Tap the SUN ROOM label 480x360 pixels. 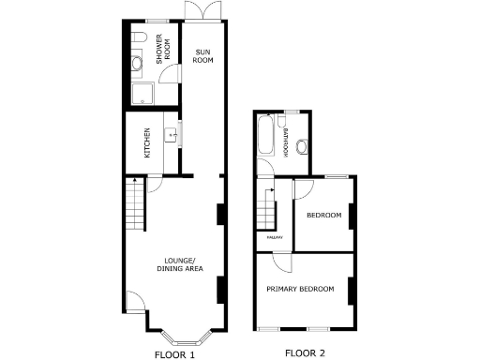coord(202,54)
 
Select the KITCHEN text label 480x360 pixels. coord(146,142)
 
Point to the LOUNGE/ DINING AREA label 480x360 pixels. coord(180,264)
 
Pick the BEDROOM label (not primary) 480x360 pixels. coord(324,216)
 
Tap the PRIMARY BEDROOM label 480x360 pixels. coord(300,289)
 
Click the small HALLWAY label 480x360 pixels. coord(275,237)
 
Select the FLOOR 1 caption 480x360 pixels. coord(174,354)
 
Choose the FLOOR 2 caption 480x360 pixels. coord(305,353)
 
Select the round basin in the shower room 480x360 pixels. coord(137,63)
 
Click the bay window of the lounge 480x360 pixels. coord(182,335)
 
